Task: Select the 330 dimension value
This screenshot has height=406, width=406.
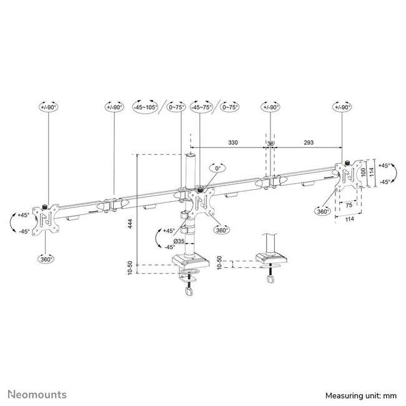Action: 232,143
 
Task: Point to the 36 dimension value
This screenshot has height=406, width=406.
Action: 270,143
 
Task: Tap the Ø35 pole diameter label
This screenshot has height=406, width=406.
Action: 178,241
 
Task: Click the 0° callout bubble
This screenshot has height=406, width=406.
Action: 217,169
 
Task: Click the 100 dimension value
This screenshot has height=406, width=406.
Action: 360,171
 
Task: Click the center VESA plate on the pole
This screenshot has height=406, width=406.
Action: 202,201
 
